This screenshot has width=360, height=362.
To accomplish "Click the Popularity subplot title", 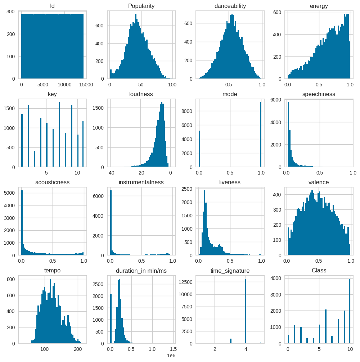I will [141, 6].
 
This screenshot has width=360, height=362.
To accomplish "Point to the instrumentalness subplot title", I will [141, 182].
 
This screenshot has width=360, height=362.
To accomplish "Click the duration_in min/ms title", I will [141, 271].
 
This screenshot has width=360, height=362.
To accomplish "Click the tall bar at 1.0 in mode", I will [260, 135].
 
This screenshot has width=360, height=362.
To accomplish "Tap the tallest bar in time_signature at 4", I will [246, 311].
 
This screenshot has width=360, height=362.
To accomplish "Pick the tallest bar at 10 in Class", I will [349, 311].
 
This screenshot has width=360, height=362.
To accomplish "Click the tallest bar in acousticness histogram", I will [22, 223].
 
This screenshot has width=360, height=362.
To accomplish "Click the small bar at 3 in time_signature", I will [231, 341].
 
